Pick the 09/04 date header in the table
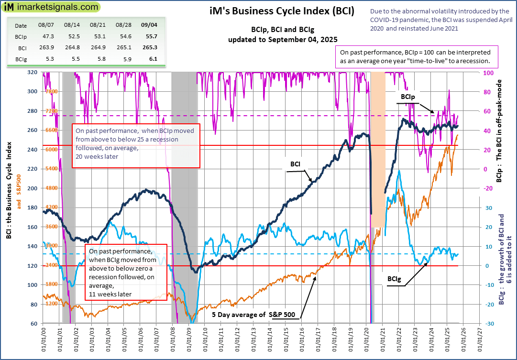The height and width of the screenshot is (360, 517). pos(150,25)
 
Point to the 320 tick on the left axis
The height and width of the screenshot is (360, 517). pos(33,72)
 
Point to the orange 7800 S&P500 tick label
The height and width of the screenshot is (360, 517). pos(51,91)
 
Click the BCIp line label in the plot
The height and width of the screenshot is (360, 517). pos(407,97)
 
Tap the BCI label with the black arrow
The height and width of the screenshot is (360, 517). pos(295,164)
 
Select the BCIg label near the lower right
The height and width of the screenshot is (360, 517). pos(395,278)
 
